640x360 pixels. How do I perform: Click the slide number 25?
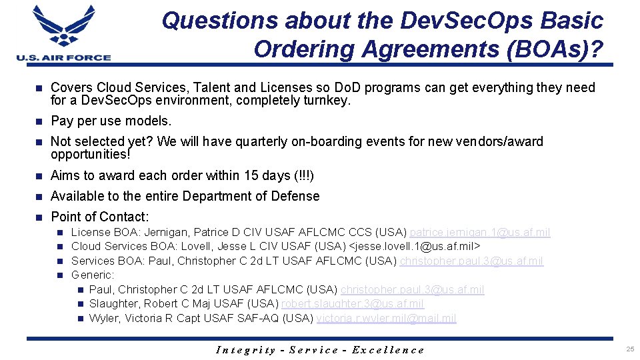click(629, 349)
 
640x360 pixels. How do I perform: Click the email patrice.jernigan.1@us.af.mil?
click(480, 233)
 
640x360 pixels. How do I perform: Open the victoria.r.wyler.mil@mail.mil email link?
click(386, 319)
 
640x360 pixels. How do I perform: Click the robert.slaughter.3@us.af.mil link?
click(352, 304)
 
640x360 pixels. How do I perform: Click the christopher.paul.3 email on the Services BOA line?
click(471, 261)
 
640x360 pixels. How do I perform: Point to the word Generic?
click(93, 275)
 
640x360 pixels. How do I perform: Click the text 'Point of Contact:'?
click(100, 217)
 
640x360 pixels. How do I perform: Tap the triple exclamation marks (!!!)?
click(303, 176)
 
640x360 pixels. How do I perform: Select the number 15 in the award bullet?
click(251, 176)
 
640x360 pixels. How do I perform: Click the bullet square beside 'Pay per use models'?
click(39, 121)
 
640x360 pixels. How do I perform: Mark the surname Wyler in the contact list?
click(105, 319)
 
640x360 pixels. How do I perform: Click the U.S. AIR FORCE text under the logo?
click(64, 57)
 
